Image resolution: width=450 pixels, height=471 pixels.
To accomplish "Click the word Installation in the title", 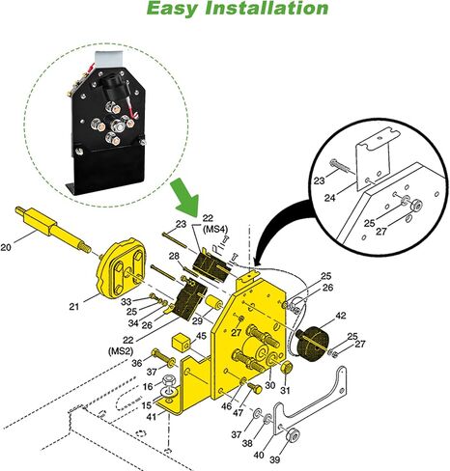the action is pos(267,8).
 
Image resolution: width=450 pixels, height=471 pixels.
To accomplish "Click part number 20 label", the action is pos(6,247).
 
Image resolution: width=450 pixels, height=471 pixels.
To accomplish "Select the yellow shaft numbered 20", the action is pos(53,229).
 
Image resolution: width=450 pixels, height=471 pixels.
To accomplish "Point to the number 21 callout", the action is pos(74,307).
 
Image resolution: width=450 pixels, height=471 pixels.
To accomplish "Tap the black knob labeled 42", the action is pos(311,344).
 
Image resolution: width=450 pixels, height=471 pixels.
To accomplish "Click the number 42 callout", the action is pos(341,316).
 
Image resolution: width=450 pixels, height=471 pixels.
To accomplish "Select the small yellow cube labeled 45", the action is pos(182,343).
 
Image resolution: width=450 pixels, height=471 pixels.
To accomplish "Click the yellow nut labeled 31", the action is pos(286,367).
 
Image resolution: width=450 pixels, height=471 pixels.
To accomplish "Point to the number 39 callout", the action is pos(274,459).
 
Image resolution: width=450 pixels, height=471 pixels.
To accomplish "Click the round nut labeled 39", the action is pos(294,435).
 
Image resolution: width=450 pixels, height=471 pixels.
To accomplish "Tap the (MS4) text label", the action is pos(215,229).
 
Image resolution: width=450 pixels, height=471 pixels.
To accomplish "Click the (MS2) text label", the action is pos(121,351).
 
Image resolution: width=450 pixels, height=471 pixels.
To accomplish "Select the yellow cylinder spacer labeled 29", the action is pos(213,302).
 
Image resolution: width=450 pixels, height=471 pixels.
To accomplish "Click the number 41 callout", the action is pos(151,417).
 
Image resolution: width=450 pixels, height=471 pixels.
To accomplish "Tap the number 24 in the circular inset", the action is pos(329,198).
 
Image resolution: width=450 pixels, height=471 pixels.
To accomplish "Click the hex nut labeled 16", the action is pos(168,381).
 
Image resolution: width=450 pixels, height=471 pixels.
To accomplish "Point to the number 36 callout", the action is pos(137,363).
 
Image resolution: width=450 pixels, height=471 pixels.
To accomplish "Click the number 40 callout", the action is pos(259,456).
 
